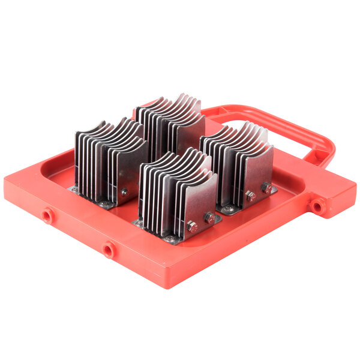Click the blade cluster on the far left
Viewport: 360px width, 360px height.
pos(108,159)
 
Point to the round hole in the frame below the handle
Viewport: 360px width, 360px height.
pos(316,206)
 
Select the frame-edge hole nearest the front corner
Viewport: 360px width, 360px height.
pos(108,249)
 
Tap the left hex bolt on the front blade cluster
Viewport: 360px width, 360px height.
pos(191,227)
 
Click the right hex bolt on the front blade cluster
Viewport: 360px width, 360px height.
pos(209,217)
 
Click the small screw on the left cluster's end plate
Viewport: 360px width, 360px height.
pos(124,193)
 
